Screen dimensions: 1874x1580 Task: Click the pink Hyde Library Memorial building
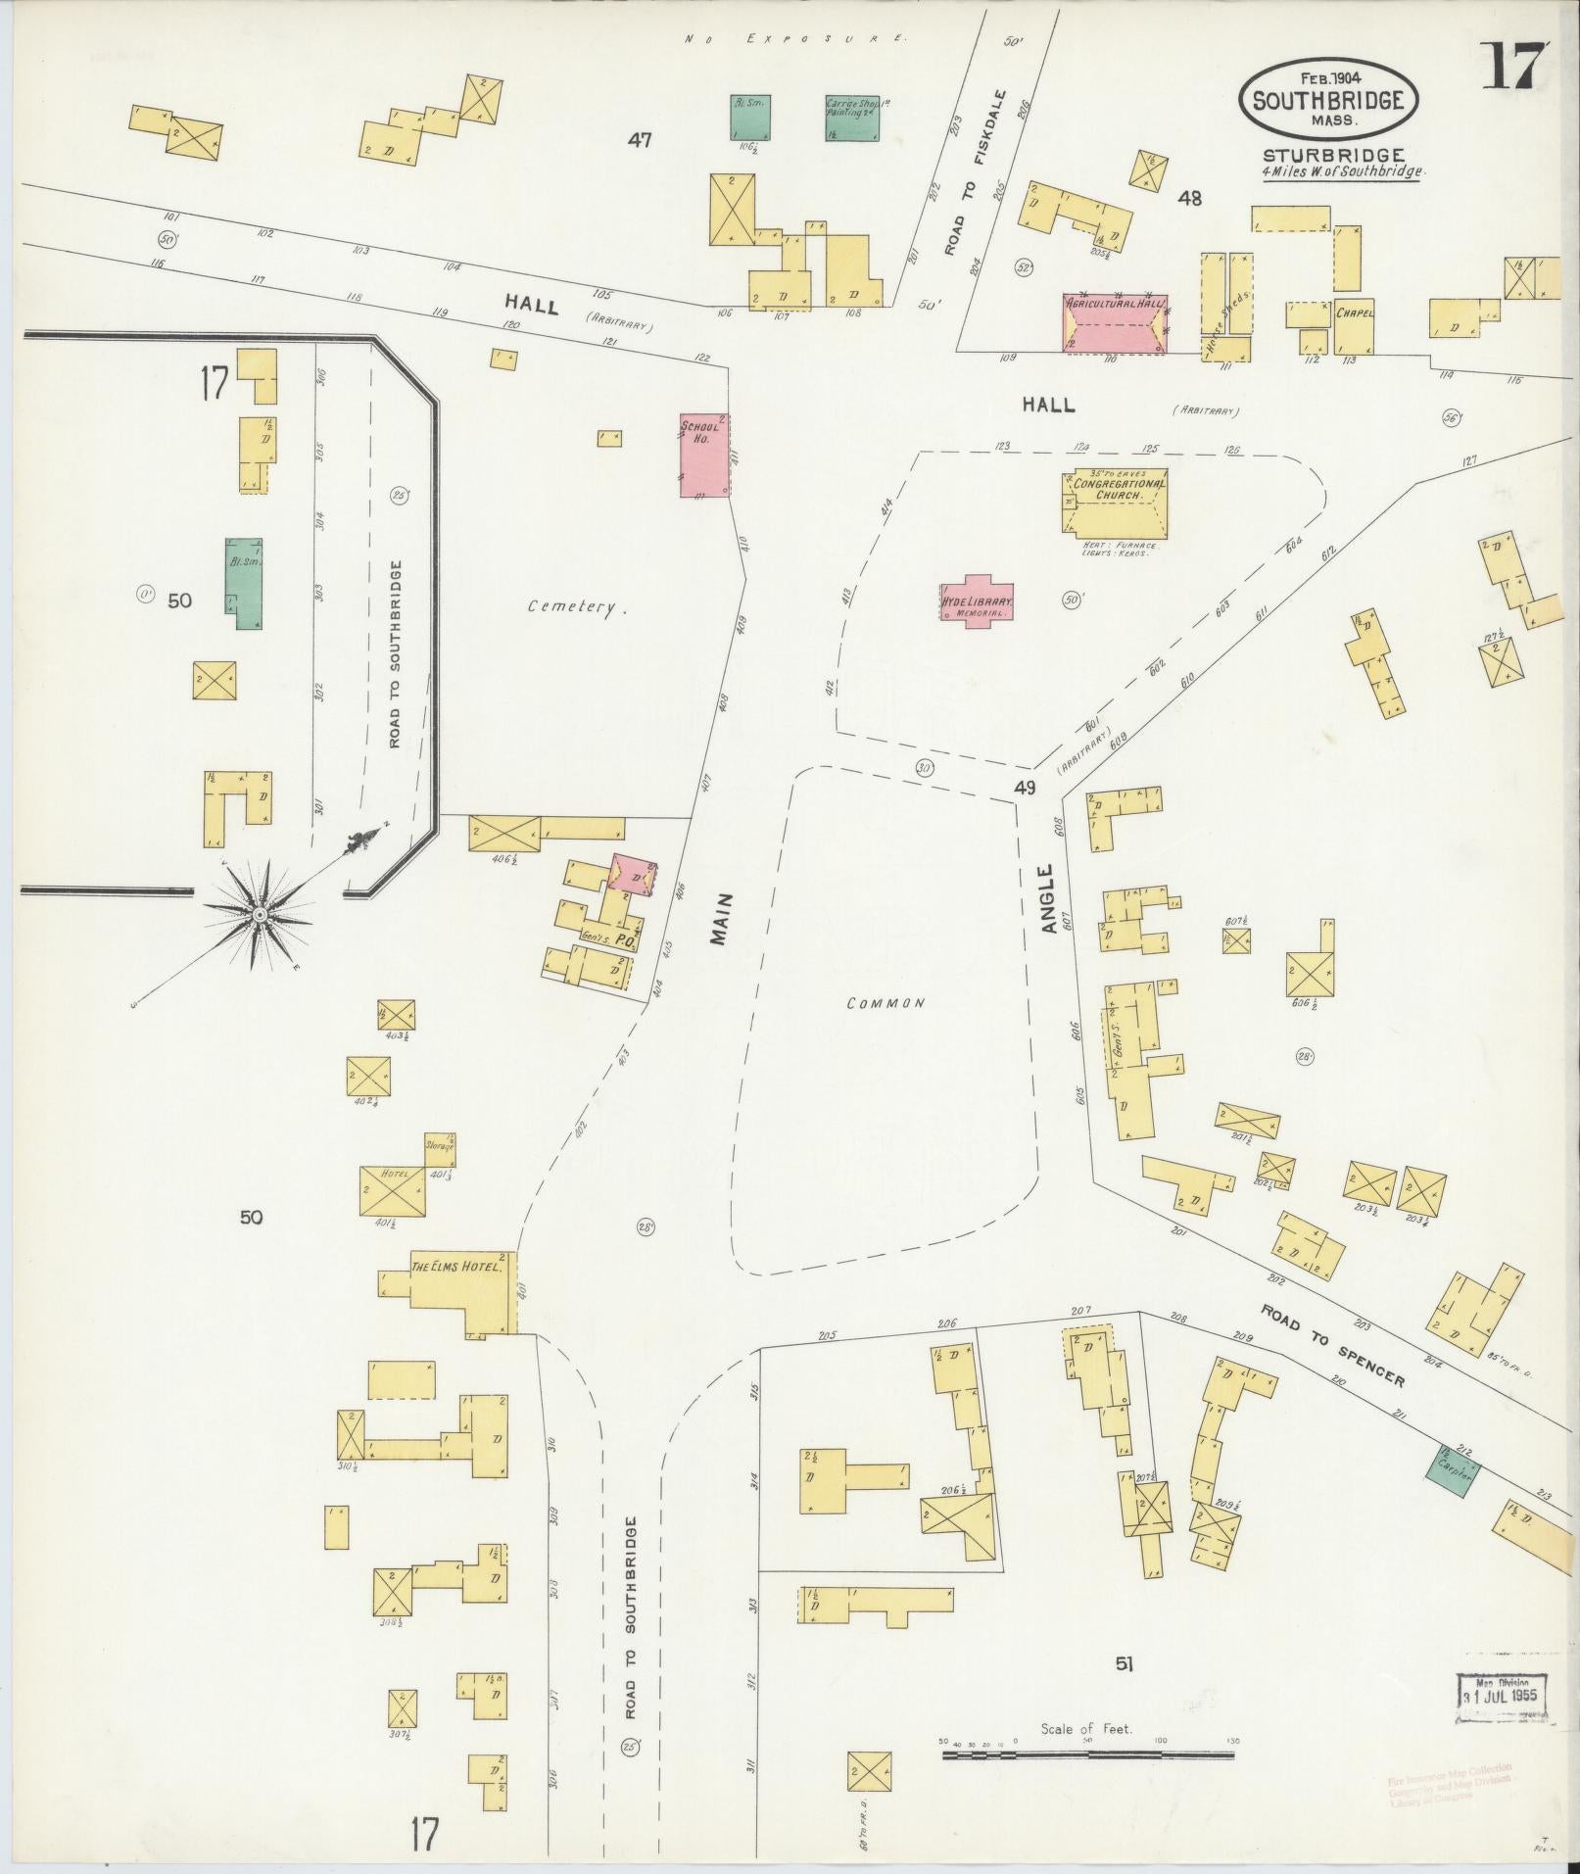click(x=977, y=601)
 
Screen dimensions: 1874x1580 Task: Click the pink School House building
click(x=705, y=454)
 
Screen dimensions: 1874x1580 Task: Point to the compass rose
click(x=259, y=914)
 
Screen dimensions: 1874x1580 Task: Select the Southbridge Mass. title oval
click(x=1327, y=99)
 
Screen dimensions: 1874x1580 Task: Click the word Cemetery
click(x=577, y=607)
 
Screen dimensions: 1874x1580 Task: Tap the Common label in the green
click(x=886, y=1003)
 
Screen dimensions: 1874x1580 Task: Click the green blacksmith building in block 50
click(x=244, y=583)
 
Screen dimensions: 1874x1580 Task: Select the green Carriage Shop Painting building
click(x=850, y=117)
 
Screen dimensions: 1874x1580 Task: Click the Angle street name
click(x=1047, y=897)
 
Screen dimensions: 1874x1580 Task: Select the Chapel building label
click(x=1354, y=314)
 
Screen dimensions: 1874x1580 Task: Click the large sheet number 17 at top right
click(x=1513, y=67)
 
